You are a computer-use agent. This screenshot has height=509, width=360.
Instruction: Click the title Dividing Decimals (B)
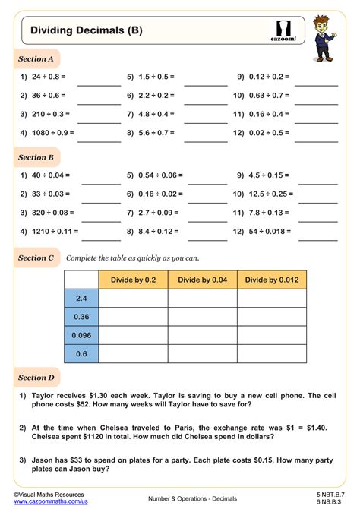86,31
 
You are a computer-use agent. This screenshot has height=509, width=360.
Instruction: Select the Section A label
36,58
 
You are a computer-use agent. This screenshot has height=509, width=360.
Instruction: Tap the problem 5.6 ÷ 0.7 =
154,133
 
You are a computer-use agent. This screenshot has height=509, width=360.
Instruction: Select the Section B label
36,157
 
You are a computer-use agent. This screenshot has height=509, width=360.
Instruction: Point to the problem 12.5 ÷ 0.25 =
263,194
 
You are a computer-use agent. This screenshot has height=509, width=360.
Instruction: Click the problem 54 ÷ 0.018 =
264,230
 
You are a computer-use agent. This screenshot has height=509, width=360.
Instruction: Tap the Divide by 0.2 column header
134,280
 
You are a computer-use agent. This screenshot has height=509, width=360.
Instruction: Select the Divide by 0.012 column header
272,280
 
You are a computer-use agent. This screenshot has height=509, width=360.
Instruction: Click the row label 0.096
82,335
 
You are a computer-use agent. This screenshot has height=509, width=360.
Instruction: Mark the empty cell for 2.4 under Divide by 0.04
202,299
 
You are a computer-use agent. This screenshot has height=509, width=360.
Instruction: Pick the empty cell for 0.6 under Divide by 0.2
134,353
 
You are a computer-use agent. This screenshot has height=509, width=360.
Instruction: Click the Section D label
36,377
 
